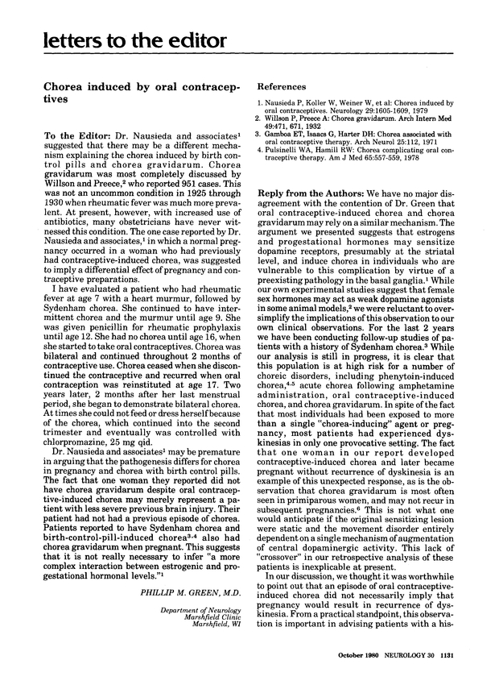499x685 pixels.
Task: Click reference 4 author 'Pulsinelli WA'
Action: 291,149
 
